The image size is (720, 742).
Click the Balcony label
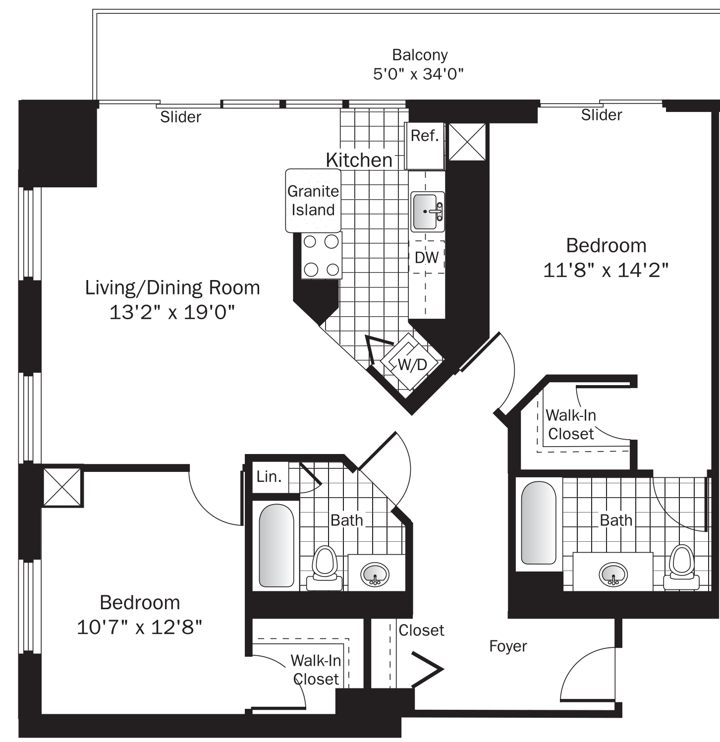(419, 55)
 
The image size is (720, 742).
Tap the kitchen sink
(427, 212)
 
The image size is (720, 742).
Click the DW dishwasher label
(427, 257)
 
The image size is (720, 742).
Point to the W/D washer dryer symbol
(411, 364)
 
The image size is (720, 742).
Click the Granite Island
(313, 200)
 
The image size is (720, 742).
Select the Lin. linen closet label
(269, 477)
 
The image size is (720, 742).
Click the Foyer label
(508, 646)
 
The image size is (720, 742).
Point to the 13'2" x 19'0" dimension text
(171, 312)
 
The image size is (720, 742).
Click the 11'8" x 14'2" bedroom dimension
(606, 271)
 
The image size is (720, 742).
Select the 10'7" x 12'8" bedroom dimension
(140, 628)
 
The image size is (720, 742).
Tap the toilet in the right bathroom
(681, 564)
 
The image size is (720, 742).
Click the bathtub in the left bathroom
(276, 546)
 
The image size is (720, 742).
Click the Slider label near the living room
(180, 117)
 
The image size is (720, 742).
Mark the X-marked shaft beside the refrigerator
(467, 142)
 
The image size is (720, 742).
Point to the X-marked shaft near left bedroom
(62, 487)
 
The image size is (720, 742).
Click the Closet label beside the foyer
(421, 630)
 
